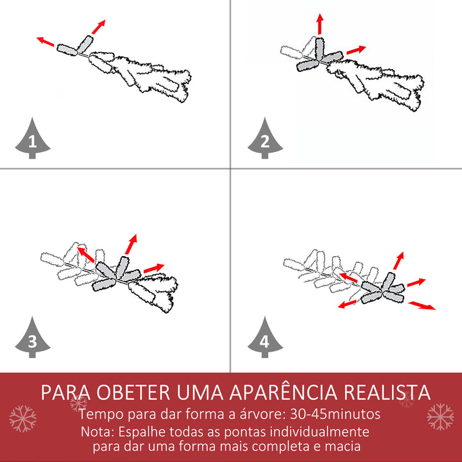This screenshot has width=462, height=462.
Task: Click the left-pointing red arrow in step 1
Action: pyautogui.click(x=45, y=42)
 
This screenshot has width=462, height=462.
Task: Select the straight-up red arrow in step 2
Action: pyautogui.click(x=320, y=24)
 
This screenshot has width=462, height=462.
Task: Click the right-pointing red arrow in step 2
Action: pyautogui.click(x=356, y=49)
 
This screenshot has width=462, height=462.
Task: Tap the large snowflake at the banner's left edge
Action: pyautogui.click(x=22, y=418)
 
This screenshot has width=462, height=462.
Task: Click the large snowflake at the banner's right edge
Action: pyautogui.click(x=440, y=416)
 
